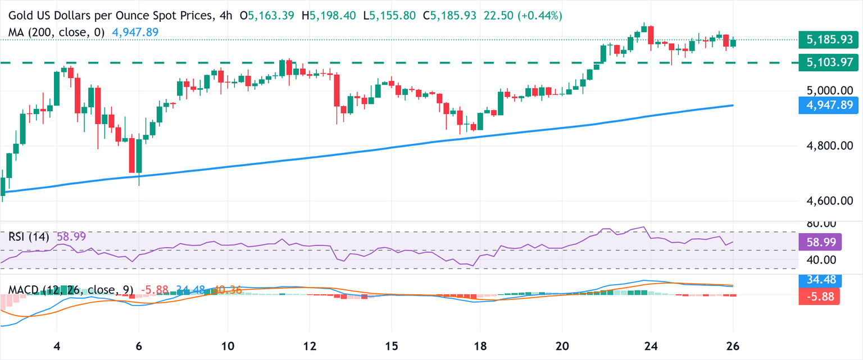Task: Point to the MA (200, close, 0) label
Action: [56, 33]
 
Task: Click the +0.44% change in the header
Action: [544, 16]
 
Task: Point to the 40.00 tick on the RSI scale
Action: [817, 259]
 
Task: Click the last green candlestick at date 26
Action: [733, 43]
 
